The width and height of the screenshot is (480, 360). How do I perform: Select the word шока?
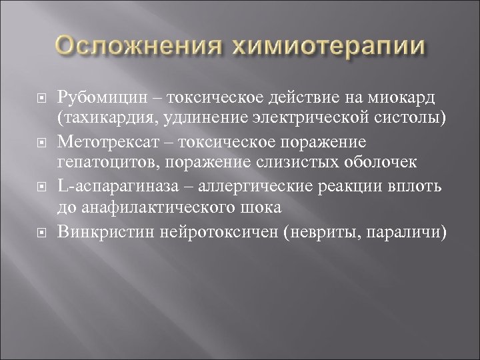(265, 206)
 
